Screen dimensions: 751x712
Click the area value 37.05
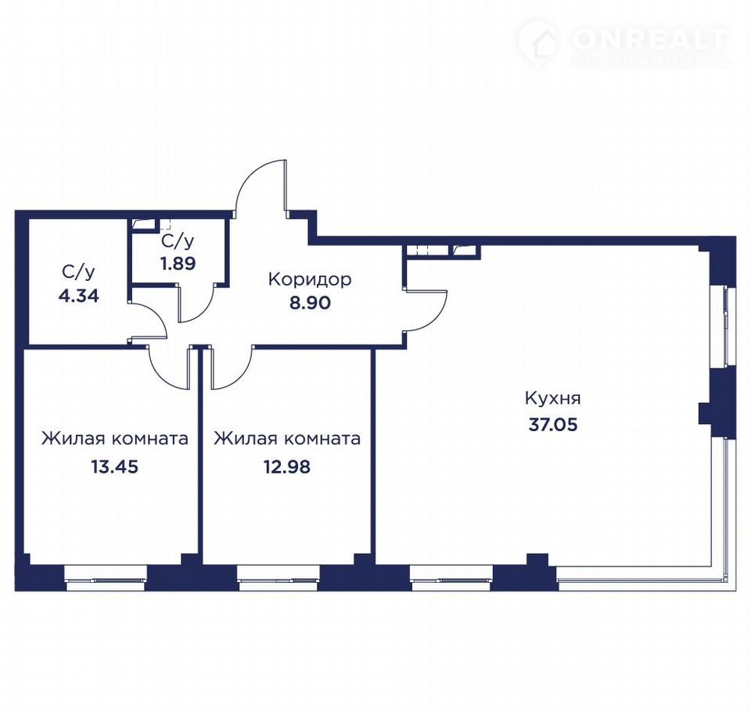553,425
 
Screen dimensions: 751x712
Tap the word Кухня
553,398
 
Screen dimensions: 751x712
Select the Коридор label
310,279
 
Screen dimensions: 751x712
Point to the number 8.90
310,303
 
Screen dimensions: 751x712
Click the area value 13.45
115,466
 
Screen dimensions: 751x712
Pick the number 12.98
287,466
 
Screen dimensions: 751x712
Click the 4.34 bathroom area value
78,296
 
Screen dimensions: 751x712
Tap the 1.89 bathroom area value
178,263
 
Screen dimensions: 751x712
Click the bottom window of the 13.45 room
106,577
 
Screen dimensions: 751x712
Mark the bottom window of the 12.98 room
278,577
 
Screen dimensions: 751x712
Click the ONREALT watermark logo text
649,40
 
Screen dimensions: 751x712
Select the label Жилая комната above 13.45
115,438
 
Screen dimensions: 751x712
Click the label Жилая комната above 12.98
287,438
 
